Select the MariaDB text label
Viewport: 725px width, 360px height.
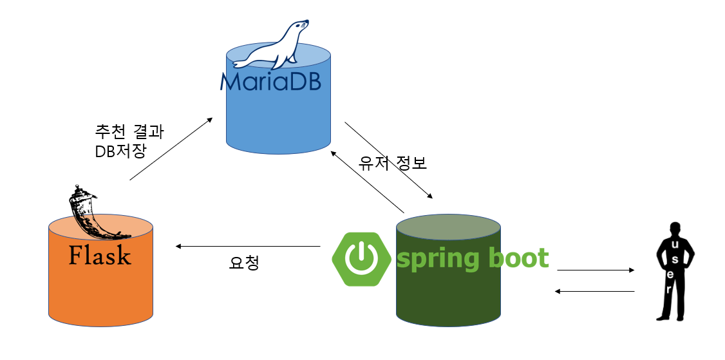pos(270,82)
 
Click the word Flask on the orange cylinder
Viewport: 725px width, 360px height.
pos(100,256)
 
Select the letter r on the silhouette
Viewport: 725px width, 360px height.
pos(670,290)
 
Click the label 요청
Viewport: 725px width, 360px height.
pos(244,263)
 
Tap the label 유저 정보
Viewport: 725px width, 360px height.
pos(393,164)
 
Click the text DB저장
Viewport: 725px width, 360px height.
pos(120,151)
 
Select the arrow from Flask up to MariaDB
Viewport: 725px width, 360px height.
pos(171,149)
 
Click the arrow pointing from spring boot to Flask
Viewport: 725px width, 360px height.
pos(248,246)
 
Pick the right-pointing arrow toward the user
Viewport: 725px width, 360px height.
pos(596,270)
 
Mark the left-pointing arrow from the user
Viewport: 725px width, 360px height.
pos(596,292)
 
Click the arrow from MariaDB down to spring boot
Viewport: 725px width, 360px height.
pos(388,160)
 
